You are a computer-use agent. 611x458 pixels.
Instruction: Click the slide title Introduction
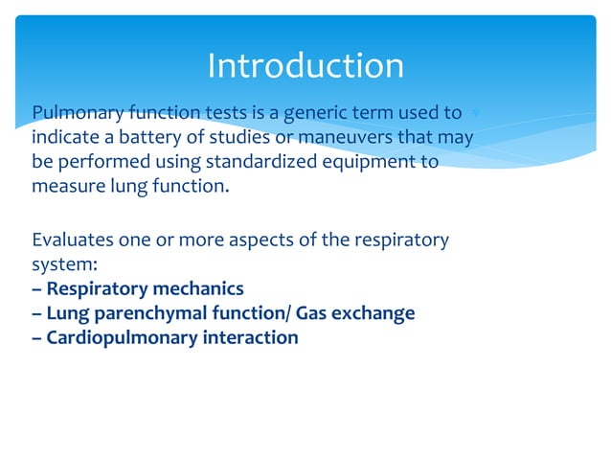pos(305,66)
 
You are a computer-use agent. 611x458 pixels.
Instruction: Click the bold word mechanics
pos(200,288)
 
